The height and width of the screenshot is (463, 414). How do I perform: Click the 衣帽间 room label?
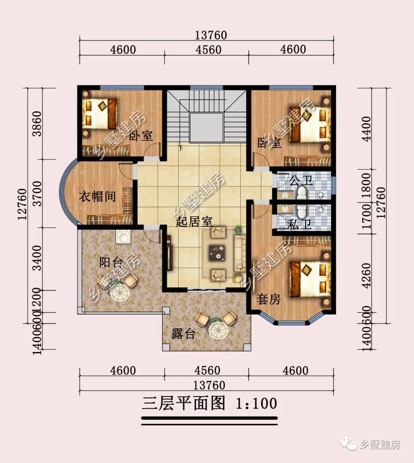tap(97, 197)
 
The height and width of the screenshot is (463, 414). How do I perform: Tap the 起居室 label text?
tap(194, 221)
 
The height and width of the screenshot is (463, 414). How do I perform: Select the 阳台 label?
tap(111, 262)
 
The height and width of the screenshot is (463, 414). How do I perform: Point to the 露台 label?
tap(183, 334)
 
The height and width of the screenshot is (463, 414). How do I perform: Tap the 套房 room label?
tap(268, 299)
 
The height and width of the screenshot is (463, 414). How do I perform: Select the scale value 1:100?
tap(256, 404)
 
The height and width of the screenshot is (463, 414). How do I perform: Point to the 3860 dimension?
tap(37, 124)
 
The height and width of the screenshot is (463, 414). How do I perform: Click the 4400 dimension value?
tap(366, 129)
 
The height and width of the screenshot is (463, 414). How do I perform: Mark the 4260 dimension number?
tap(366, 275)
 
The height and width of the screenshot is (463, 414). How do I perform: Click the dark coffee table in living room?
tap(217, 253)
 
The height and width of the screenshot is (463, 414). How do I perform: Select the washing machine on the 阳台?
tap(123, 237)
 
